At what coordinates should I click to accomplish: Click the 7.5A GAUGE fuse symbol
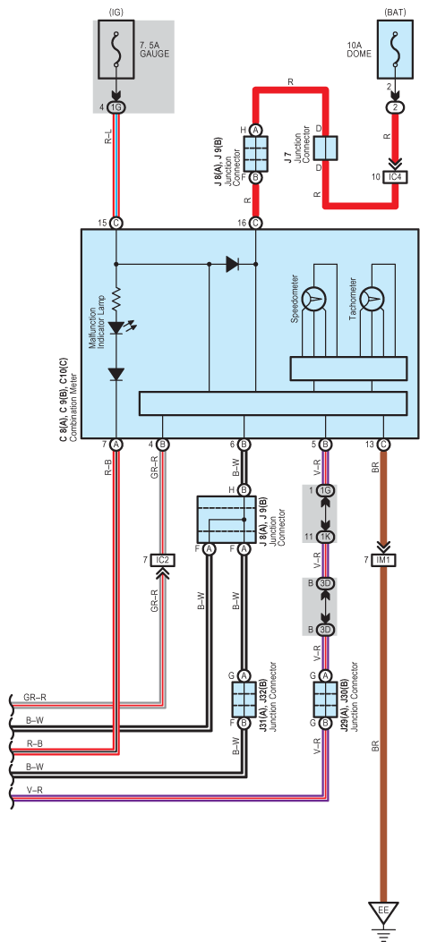point(116,52)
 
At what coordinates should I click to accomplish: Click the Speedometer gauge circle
point(314,297)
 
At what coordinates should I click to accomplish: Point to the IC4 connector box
point(394,177)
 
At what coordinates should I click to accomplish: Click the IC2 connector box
point(162,560)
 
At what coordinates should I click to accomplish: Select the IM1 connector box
point(383,560)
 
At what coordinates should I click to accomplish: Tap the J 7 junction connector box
point(325,148)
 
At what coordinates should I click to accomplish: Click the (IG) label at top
point(116,11)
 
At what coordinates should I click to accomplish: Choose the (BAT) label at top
point(395,11)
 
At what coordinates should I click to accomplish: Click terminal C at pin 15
point(116,223)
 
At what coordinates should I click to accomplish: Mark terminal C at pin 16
point(255,223)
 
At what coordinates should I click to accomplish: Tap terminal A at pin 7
point(116,445)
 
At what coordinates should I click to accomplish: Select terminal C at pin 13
point(383,445)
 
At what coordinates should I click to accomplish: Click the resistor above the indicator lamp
point(116,298)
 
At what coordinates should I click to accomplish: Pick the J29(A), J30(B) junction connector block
point(325,699)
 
